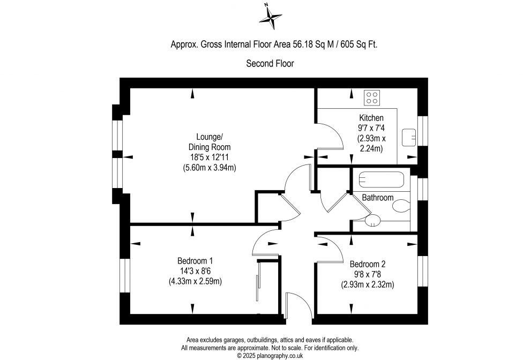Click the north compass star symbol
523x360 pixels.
click(271, 17)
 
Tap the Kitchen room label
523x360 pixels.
click(371, 118)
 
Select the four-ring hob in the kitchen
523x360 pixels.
click(372, 97)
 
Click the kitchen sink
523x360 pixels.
click(409, 137)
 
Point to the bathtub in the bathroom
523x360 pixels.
click(381, 179)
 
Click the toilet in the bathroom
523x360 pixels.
click(401, 206)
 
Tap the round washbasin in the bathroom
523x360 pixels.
click(372, 220)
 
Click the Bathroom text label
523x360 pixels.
click(378, 198)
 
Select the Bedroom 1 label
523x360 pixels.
click(195, 261)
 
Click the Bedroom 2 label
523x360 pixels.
click(368, 264)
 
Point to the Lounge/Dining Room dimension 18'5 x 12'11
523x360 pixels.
click(210, 157)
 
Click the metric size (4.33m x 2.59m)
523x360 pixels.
click(195, 281)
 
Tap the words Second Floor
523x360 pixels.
click(270, 63)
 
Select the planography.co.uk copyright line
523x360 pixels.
click(270, 356)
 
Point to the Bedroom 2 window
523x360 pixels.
click(423, 271)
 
